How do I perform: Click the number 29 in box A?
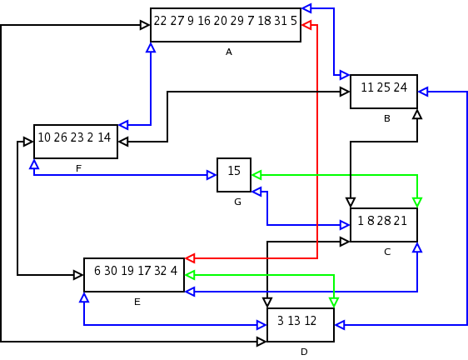coord(237,21)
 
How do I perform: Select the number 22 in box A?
coord(160,21)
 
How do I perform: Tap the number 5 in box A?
coord(294,21)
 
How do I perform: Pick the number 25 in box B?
coord(384,87)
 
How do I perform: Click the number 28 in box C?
coord(384,221)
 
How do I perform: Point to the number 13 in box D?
coord(294,321)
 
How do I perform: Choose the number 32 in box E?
coord(161,271)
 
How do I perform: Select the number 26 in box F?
coord(61,137)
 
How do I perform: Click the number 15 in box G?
coord(234,171)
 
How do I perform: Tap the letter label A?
coord(229,52)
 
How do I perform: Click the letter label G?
coord(237,202)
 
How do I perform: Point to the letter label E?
coord(137,302)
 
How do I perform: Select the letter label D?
coord(304,352)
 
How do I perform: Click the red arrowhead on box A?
coord(306,25)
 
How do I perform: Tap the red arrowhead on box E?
coord(190,258)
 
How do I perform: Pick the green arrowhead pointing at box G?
coord(256,175)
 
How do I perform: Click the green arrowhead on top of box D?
coord(334,302)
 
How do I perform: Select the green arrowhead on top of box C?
coord(417,202)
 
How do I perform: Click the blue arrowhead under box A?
coord(151,47)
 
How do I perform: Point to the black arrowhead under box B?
coord(417,114)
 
